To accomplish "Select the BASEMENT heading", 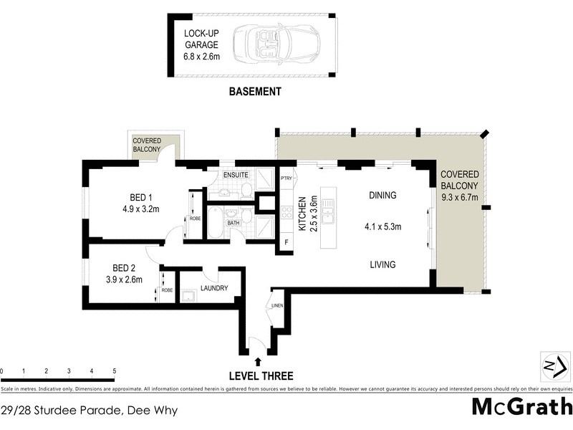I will pyautogui.click(x=254, y=92).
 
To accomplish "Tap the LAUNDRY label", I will pyautogui.click(x=214, y=289).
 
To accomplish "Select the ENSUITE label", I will pyautogui.click(x=236, y=175).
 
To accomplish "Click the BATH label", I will pyautogui.click(x=233, y=223).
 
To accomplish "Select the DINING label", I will pyautogui.click(x=382, y=195).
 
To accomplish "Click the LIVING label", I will pyautogui.click(x=382, y=264).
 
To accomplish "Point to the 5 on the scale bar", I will pyautogui.click(x=115, y=371).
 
